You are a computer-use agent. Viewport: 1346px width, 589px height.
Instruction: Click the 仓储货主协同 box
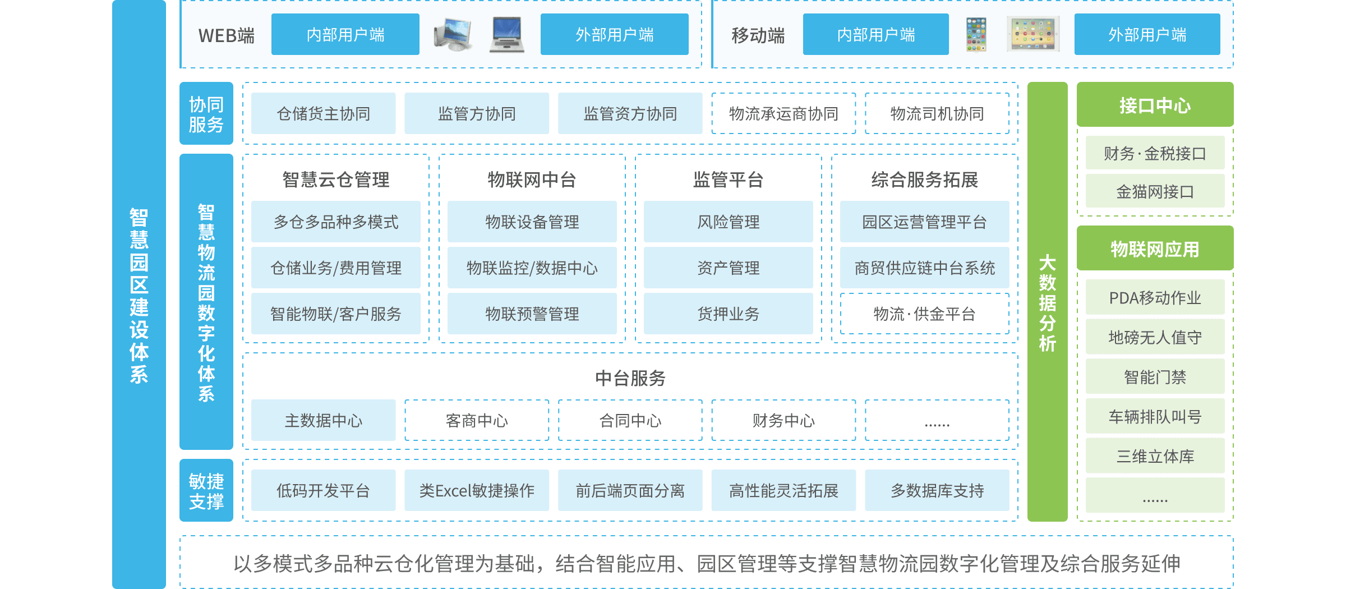pos(323,114)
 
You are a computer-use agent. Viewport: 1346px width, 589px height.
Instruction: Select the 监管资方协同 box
pos(630,114)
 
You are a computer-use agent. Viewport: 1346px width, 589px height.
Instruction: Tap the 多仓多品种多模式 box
pos(335,222)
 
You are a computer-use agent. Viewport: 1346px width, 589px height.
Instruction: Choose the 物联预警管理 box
pos(532,314)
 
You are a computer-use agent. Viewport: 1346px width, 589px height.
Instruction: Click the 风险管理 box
pos(728,222)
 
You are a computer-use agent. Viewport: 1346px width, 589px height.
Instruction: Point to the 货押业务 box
pos(728,314)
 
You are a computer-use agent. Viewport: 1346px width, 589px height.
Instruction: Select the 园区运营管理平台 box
pos(924,222)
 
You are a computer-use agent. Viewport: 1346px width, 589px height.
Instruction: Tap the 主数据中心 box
pos(323,421)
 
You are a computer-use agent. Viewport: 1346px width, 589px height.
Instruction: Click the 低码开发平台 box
pos(323,491)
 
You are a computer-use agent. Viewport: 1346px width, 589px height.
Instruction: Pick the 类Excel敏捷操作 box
pos(477,491)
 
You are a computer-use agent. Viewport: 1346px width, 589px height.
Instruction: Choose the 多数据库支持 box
pos(937,491)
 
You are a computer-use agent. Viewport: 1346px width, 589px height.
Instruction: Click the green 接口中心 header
pos(1155,105)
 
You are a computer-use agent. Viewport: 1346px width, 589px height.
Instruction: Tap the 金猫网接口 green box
pos(1155,192)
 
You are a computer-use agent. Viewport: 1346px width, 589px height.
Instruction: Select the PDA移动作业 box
pos(1155,298)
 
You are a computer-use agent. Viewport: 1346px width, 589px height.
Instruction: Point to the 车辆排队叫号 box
pos(1155,417)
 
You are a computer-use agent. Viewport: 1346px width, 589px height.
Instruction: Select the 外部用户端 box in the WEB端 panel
pos(614,35)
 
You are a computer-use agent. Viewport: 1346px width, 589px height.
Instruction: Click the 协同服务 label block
pos(206,114)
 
